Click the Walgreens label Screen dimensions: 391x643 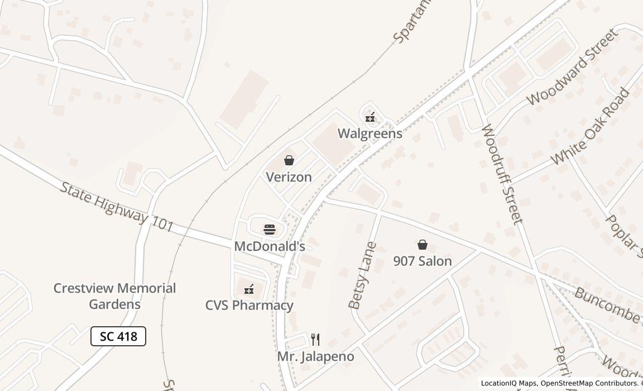pyautogui.click(x=370, y=133)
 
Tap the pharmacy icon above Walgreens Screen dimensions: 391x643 pyautogui.click(x=370, y=117)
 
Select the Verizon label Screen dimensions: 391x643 pyautogui.click(x=289, y=177)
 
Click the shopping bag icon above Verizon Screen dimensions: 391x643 pyautogui.click(x=289, y=161)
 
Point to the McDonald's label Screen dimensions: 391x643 pyautogui.click(x=270, y=246)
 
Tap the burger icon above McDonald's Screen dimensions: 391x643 pyautogui.click(x=270, y=229)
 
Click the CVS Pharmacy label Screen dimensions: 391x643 pyautogui.click(x=249, y=306)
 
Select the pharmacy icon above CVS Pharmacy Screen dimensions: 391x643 pyautogui.click(x=249, y=289)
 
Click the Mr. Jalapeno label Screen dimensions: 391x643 pyautogui.click(x=315, y=356)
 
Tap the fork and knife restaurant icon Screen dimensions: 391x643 pyautogui.click(x=315, y=339)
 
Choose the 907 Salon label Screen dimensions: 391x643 pyautogui.click(x=423, y=261)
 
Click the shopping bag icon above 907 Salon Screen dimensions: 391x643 pyautogui.click(x=423, y=245)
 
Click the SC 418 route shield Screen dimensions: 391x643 pyautogui.click(x=118, y=336)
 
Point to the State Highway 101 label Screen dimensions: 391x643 pyautogui.click(x=116, y=207)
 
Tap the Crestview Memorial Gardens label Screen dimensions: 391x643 pyautogui.click(x=114, y=296)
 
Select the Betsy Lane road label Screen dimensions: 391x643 pyautogui.click(x=363, y=276)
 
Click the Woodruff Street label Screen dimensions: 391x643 pyautogui.click(x=502, y=174)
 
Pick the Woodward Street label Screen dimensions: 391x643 pyautogui.click(x=572, y=66)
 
